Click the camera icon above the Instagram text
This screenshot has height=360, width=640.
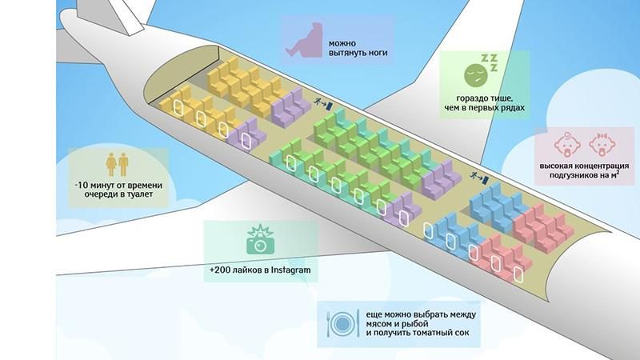click(x=260, y=242)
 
